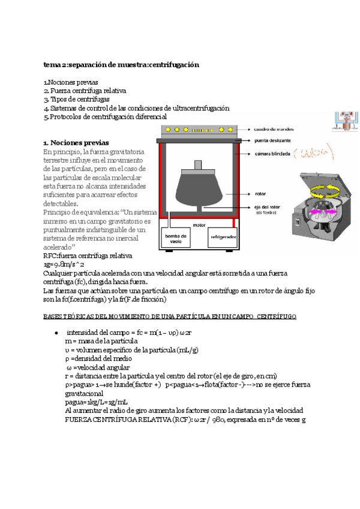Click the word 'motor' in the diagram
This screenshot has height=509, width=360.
[x=199, y=225]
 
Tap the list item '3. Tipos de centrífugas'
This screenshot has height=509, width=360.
[x=76, y=100]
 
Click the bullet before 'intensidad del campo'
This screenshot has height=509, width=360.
[x=56, y=333]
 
